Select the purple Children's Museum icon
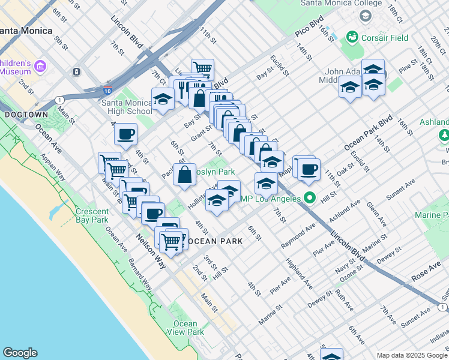coord(40,66)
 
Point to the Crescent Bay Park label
coord(92,215)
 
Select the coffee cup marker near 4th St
coord(125,134)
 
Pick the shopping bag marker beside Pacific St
coord(185,175)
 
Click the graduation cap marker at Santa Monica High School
coord(162,100)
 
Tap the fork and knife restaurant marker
coord(180,88)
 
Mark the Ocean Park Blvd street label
coord(368,133)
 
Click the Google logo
coord(20,353)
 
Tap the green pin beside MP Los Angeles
coord(310,197)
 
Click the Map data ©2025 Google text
coord(412,355)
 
